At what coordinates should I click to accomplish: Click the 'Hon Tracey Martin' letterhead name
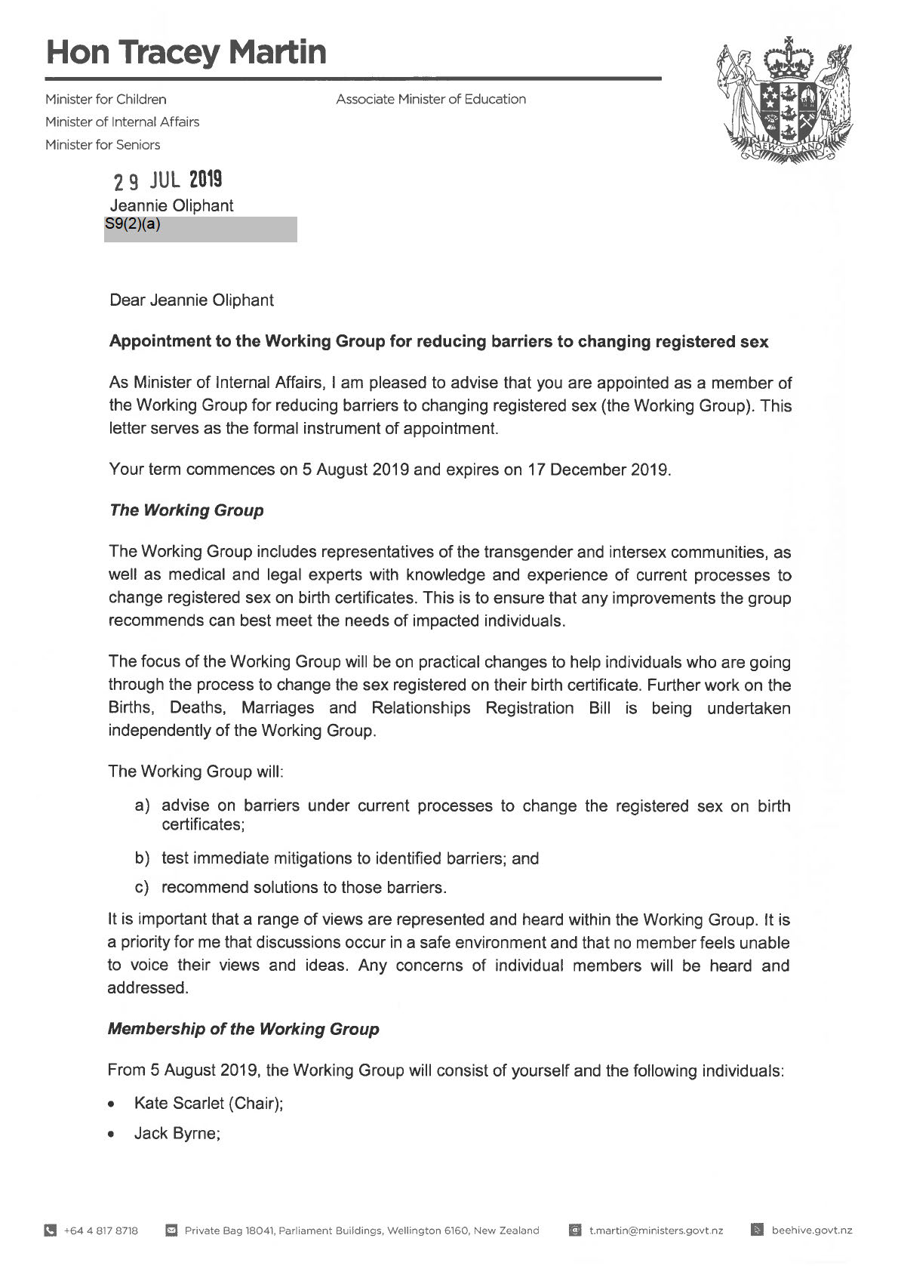tap(186, 52)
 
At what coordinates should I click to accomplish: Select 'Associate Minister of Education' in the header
tap(431, 99)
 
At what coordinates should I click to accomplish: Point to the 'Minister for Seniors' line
tap(103, 144)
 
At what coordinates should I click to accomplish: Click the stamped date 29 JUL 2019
tap(168, 180)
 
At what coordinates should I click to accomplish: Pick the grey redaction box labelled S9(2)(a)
tap(201, 229)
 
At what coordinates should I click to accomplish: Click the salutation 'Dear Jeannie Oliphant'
tap(192, 300)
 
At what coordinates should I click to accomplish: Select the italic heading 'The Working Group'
tap(186, 510)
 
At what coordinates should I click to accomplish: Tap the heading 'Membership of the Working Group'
tap(243, 1029)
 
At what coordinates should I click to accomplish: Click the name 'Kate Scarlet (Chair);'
tap(208, 1103)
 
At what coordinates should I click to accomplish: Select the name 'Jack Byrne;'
tap(177, 1133)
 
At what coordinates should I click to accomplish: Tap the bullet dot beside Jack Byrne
tap(112, 1134)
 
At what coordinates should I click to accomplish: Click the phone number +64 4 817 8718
tap(101, 1230)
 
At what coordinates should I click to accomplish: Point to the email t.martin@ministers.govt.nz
tap(656, 1230)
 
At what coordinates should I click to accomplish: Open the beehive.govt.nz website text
tap(812, 1230)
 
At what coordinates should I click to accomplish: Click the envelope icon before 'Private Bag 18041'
tap(171, 1230)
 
